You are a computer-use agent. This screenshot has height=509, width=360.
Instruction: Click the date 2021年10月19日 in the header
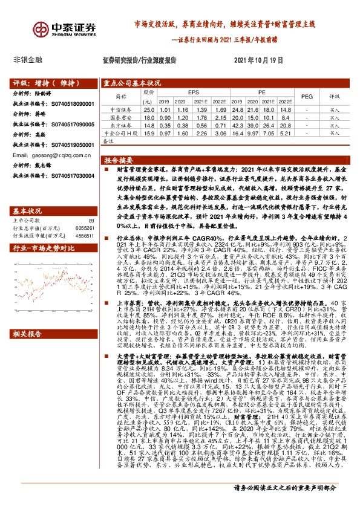point(258,61)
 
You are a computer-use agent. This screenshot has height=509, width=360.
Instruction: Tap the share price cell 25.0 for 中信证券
point(149,110)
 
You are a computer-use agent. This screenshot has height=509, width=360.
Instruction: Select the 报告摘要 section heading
point(119,161)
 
